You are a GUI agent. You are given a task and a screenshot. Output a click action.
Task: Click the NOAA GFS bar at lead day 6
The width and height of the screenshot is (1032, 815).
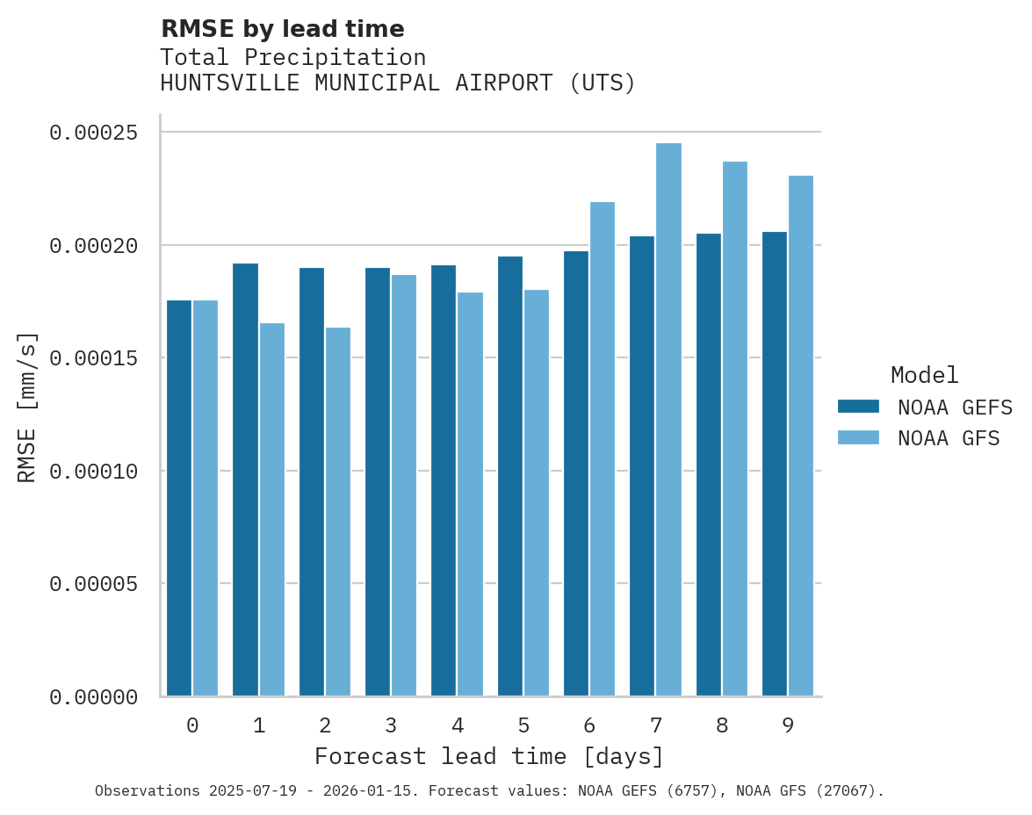tap(603, 449)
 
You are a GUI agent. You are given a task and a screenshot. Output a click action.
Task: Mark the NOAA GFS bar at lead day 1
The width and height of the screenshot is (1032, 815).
tap(272, 509)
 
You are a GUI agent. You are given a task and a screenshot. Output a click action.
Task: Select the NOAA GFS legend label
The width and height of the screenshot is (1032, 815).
tap(949, 438)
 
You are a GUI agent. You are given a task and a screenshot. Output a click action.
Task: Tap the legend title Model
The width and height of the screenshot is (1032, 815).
tap(924, 375)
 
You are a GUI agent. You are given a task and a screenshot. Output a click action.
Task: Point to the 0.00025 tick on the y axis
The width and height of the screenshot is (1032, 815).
tap(94, 133)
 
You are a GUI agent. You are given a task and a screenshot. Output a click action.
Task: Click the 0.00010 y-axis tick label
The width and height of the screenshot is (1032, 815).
tap(94, 472)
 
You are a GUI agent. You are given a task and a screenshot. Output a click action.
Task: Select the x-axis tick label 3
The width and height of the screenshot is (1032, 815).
tap(391, 726)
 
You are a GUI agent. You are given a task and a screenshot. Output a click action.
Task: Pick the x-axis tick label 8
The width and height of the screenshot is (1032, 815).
tap(722, 726)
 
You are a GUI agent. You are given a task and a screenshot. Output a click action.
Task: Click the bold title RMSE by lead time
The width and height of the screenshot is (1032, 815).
tap(283, 29)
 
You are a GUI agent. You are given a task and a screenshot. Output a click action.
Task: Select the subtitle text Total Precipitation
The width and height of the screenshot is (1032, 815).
tap(293, 58)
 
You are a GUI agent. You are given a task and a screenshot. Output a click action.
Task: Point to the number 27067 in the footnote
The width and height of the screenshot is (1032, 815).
tap(851, 791)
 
